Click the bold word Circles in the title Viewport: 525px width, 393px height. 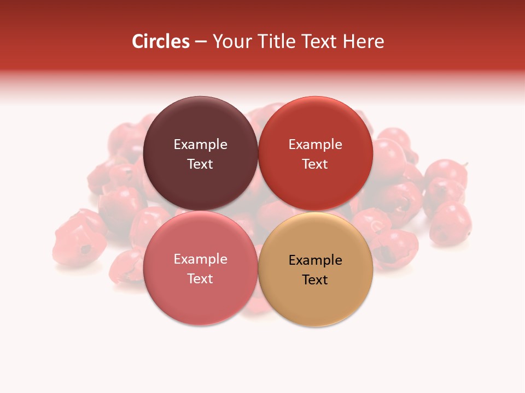160,41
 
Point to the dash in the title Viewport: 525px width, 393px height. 200,42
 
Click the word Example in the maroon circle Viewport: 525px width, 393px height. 200,145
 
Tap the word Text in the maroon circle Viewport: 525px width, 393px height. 200,164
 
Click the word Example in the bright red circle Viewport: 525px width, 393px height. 315,145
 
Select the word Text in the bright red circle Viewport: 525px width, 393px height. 315,164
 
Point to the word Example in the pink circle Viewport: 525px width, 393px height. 200,259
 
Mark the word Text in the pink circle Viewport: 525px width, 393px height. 200,278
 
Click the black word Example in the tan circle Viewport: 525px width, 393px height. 315,260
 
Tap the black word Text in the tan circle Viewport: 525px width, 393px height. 315,279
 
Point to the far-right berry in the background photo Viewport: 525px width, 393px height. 450,224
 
